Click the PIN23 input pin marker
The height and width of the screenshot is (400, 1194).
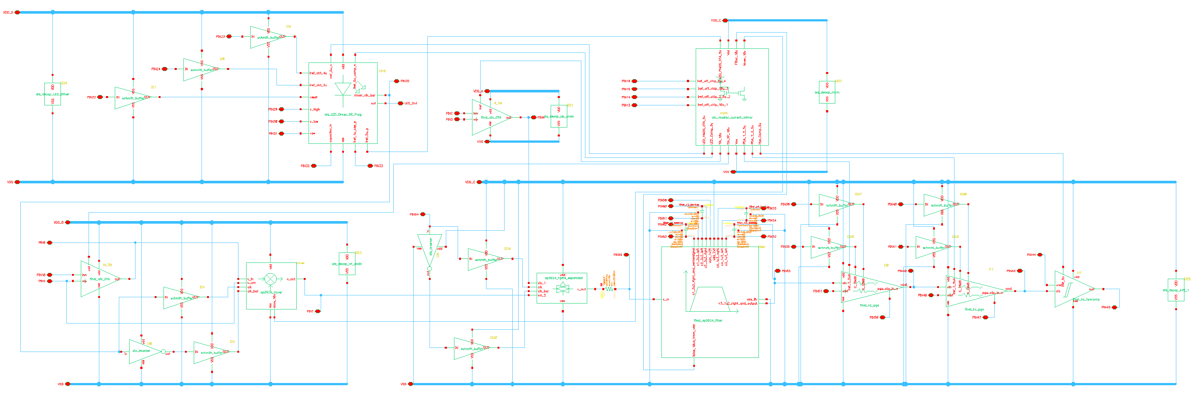(x=229, y=36)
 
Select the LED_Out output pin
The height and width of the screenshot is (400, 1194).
(x=400, y=103)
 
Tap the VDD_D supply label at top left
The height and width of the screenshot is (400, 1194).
(x=8, y=13)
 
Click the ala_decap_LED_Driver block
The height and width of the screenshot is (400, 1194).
(x=52, y=94)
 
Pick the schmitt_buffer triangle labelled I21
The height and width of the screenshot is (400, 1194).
(x=132, y=98)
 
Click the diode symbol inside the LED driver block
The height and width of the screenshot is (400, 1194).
(x=343, y=89)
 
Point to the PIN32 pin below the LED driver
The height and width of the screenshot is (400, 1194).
(x=314, y=166)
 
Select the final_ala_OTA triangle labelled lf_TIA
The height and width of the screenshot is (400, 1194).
(x=489, y=118)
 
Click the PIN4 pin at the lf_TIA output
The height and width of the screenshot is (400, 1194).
(x=533, y=118)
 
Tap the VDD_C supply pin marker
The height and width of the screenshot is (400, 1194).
(x=725, y=20)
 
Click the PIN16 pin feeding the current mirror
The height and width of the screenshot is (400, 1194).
(x=634, y=81)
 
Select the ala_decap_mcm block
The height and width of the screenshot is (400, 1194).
(x=827, y=92)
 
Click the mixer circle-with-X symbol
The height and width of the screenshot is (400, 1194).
(x=270, y=279)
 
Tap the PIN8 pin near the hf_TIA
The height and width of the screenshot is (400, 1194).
(x=49, y=243)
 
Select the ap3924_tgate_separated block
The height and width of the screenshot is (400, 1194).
(x=562, y=288)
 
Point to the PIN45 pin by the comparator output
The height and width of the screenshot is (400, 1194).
(x=1114, y=307)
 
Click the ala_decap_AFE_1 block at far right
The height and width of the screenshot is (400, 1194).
(x=1176, y=290)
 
